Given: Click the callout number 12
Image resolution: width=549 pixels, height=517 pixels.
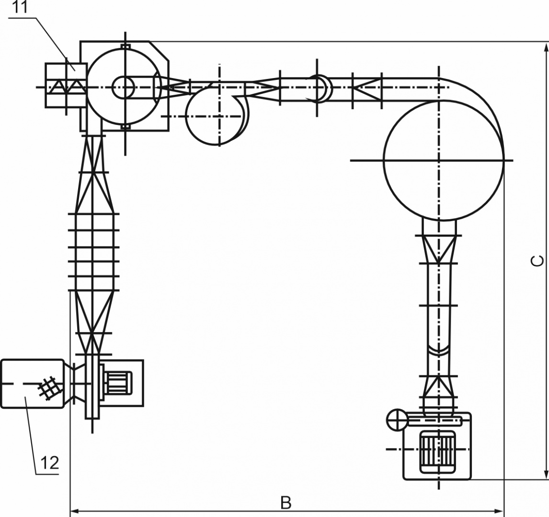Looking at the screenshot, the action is [x=50, y=463].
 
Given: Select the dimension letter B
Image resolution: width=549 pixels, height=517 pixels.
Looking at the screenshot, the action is [x=286, y=503].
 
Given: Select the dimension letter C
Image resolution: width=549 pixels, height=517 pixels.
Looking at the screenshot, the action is [x=537, y=261].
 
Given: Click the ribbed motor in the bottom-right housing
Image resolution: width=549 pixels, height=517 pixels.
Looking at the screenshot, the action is [x=438, y=449].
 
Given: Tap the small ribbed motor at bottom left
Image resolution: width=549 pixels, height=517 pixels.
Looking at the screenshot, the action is [x=118, y=383].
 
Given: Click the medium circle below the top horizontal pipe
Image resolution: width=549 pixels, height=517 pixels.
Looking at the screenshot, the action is [x=186, y=115].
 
